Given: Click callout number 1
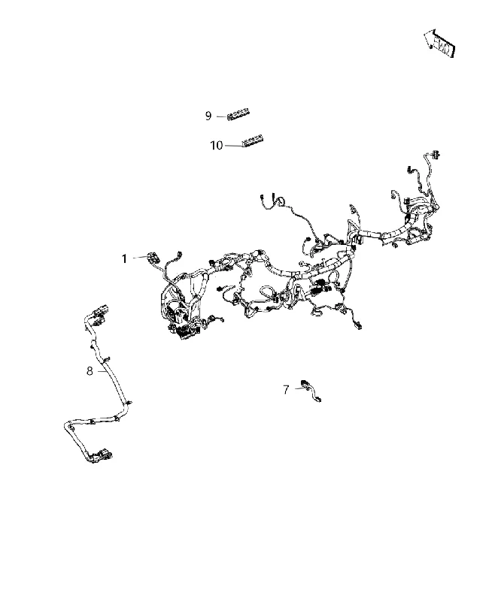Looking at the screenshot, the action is click(x=124, y=259).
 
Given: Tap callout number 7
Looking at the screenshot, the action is click(x=286, y=390).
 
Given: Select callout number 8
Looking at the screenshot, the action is click(x=90, y=371).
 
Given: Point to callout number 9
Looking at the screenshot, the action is click(x=208, y=116).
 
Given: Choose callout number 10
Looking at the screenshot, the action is click(x=217, y=146).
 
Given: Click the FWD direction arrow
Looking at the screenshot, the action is click(x=440, y=43).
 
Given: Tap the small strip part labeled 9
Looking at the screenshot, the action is click(x=238, y=116).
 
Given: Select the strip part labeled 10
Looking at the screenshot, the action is click(x=252, y=140).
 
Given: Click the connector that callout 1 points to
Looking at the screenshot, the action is click(x=153, y=257).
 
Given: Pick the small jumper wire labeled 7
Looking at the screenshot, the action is click(x=311, y=390).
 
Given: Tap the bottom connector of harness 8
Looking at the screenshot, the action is click(x=105, y=455).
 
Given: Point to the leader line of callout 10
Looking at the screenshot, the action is click(x=233, y=146).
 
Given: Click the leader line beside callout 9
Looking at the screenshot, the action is click(x=221, y=116).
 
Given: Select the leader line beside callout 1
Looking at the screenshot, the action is click(x=139, y=258).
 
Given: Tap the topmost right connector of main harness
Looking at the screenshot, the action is click(x=436, y=155).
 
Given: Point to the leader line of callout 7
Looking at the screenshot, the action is click(x=299, y=388).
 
